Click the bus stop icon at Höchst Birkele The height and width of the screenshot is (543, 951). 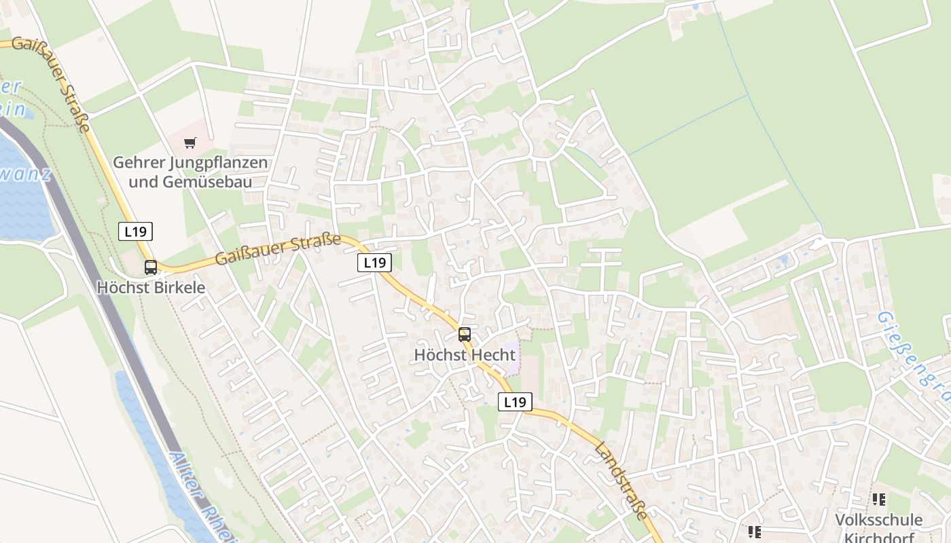(x=151, y=267)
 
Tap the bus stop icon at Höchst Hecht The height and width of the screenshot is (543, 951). (x=465, y=335)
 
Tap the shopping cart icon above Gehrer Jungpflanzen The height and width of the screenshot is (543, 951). (x=190, y=143)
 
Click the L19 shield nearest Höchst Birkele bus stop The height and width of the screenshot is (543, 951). (x=135, y=231)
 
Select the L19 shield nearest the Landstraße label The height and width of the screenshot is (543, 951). (x=515, y=402)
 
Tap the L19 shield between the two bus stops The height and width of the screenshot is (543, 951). (x=375, y=263)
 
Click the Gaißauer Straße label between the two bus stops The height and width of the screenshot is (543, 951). (x=279, y=248)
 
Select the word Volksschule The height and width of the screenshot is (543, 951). (x=879, y=521)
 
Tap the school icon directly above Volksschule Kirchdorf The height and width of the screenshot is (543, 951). (x=879, y=500)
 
